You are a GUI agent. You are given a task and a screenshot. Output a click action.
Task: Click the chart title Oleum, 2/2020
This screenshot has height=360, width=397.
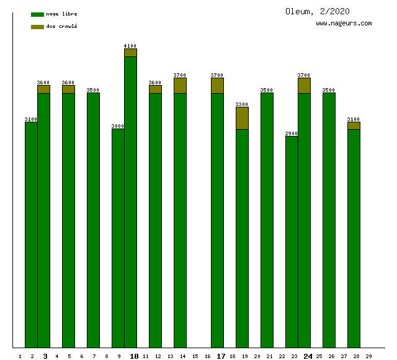pyautogui.click(x=317, y=11)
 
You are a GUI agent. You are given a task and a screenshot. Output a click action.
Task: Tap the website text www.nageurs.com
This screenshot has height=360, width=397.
pyautogui.click(x=344, y=24)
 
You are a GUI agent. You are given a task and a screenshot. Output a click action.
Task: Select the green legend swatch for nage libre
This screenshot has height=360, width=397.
pyautogui.click(x=37, y=14)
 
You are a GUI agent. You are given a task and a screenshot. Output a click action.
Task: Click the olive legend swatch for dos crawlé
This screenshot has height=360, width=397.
pyautogui.click(x=37, y=27)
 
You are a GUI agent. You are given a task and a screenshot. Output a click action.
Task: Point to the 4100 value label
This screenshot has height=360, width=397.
pyautogui.click(x=130, y=46)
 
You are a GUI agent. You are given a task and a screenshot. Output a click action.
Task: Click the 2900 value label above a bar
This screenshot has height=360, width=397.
pyautogui.click(x=292, y=133)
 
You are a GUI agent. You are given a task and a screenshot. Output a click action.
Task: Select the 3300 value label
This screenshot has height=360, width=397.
pyautogui.click(x=242, y=104)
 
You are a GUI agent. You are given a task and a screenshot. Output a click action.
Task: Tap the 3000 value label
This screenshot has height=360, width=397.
pyautogui.click(x=118, y=126)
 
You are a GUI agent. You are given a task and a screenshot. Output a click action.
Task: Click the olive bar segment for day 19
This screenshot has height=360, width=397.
pyautogui.click(x=242, y=118)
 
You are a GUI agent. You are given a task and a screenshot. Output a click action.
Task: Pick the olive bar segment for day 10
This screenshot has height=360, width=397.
pyautogui.click(x=130, y=53)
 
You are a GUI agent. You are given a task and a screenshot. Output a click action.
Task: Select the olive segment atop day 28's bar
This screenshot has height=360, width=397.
pyautogui.click(x=354, y=125)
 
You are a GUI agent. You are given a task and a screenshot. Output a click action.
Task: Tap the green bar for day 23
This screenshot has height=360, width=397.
pyautogui.click(x=292, y=242)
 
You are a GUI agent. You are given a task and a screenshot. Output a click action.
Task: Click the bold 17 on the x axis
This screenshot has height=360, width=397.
pyautogui.click(x=221, y=356)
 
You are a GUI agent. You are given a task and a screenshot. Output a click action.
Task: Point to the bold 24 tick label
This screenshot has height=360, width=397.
pyautogui.click(x=308, y=356)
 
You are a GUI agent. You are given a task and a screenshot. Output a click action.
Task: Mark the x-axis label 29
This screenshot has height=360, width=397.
pyautogui.click(x=368, y=356)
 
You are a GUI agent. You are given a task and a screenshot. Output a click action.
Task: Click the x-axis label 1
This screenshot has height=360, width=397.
pyautogui.click(x=20, y=356)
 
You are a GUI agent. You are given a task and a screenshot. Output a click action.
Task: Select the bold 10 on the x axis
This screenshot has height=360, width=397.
pyautogui.click(x=134, y=356)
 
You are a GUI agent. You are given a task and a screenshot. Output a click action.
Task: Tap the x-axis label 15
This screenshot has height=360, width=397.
pyautogui.click(x=195, y=356)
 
